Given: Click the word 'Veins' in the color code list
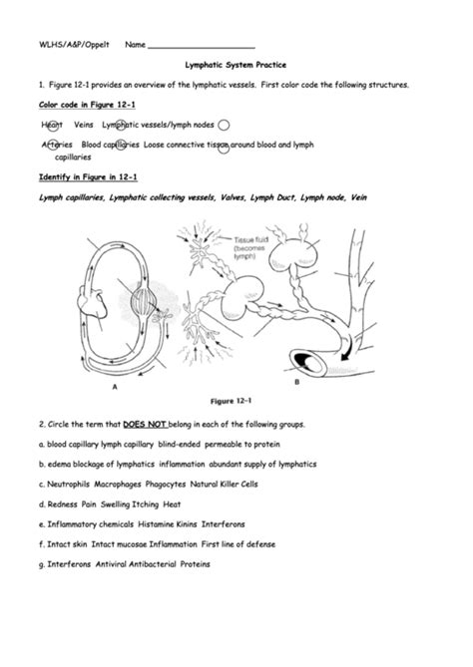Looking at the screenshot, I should click(x=84, y=125).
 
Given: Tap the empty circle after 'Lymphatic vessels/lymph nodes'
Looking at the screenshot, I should click(x=224, y=125).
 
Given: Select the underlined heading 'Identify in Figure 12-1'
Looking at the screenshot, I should click(x=75, y=176).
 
